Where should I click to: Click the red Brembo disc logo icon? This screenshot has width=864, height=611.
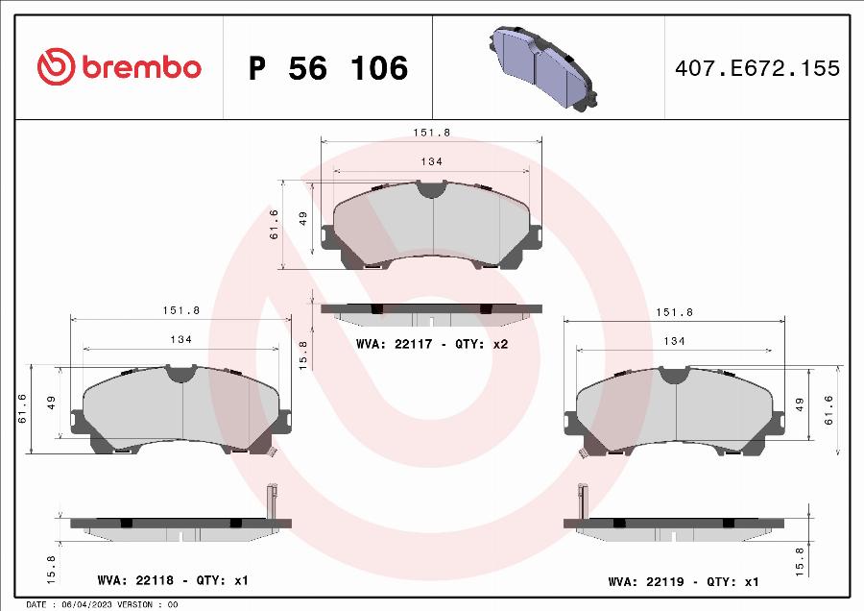tap(56, 66)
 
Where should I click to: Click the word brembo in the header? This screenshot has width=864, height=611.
tap(142, 67)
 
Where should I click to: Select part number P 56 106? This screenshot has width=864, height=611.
tap(328, 68)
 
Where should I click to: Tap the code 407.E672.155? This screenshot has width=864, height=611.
tap(757, 68)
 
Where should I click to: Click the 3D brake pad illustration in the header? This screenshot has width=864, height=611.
tap(542, 68)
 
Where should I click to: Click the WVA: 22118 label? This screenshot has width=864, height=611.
tap(135, 580)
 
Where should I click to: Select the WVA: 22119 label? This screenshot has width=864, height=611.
tap(646, 581)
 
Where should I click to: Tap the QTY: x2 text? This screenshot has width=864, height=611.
tap(481, 344)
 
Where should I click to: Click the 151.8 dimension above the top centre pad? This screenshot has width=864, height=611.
tap(431, 133)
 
